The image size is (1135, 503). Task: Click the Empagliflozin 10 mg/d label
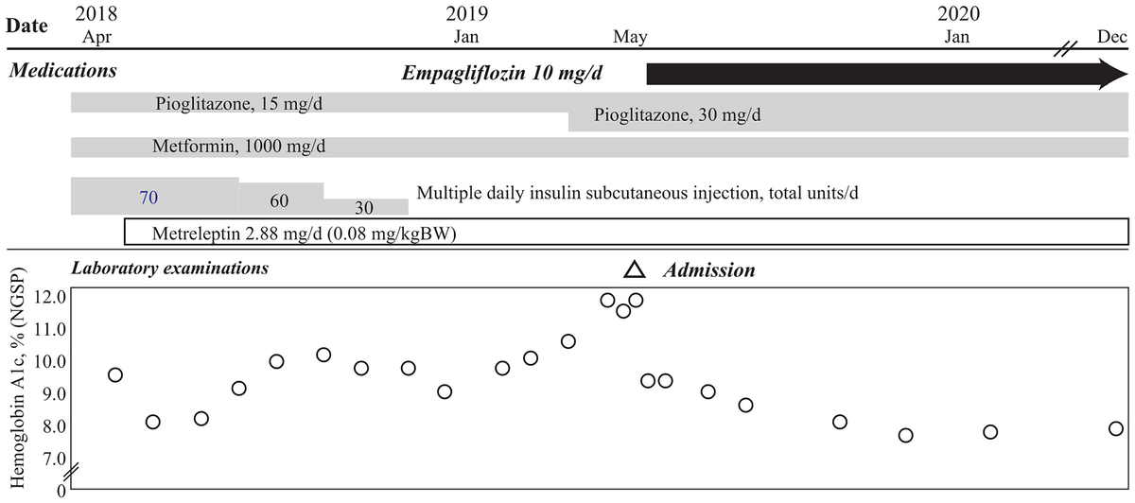click(x=516, y=73)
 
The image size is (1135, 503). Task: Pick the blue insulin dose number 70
click(x=148, y=198)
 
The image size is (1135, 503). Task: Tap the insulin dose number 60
click(x=279, y=201)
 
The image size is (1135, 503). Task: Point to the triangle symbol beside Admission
click(x=634, y=270)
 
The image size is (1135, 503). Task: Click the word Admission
click(x=708, y=270)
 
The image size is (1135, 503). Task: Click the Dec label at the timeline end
click(x=1111, y=37)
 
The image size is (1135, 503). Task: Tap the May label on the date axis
click(x=630, y=37)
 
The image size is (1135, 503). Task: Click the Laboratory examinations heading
click(x=170, y=269)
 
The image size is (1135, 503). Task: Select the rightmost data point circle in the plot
click(x=1116, y=429)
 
